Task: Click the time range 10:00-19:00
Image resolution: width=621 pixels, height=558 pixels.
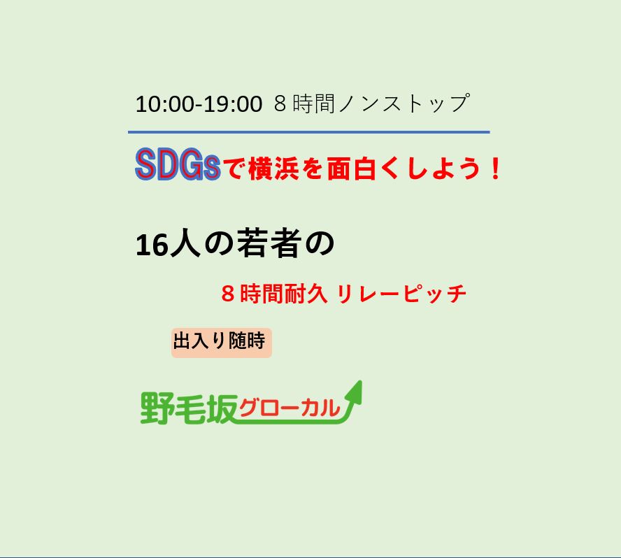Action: pyautogui.click(x=199, y=104)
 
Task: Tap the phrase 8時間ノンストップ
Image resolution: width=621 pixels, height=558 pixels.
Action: pyautogui.click(x=371, y=103)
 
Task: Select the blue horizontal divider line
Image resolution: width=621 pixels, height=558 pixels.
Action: pyautogui.click(x=309, y=132)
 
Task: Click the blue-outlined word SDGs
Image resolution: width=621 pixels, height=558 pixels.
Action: pyautogui.click(x=178, y=165)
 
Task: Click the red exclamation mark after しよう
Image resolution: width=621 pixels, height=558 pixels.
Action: pyautogui.click(x=495, y=169)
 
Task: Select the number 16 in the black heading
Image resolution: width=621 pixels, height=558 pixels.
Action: pyautogui.click(x=152, y=245)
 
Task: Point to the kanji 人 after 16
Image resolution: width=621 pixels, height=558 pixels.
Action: pyautogui.click(x=185, y=244)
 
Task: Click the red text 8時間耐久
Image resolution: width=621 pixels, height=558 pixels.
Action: pyautogui.click(x=274, y=294)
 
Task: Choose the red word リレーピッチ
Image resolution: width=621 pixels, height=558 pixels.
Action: pyautogui.click(x=401, y=294)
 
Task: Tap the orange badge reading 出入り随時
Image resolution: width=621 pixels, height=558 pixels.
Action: pyautogui.click(x=222, y=343)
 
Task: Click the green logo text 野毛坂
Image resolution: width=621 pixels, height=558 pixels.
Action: pyautogui.click(x=189, y=408)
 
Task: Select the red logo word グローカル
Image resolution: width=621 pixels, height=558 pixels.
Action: pyautogui.click(x=290, y=408)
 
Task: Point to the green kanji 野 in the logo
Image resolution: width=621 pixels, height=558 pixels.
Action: pyautogui.click(x=156, y=408)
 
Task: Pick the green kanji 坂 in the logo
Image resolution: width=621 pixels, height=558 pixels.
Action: pyautogui.click(x=222, y=408)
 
